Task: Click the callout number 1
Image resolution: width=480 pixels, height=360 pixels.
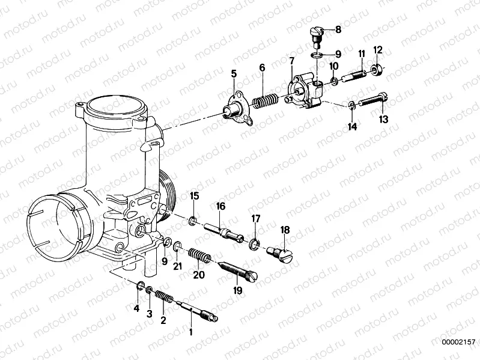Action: point(192,331)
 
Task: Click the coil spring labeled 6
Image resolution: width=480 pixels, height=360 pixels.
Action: point(263,99)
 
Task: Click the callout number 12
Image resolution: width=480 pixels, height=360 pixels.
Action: point(378,49)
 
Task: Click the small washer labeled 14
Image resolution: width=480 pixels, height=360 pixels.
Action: point(350,106)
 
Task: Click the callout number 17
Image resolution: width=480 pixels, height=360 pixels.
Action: point(256,218)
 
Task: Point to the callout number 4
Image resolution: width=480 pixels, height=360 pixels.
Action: point(136,309)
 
